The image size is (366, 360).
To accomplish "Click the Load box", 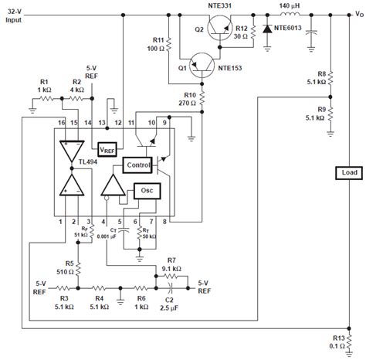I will [345, 174].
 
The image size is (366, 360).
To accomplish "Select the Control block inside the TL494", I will [138, 165].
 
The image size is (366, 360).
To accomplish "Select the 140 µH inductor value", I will [293, 6].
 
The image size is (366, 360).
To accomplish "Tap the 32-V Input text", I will [15, 16].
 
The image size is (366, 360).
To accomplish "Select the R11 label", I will [158, 39].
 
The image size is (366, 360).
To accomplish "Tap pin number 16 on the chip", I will [59, 123].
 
